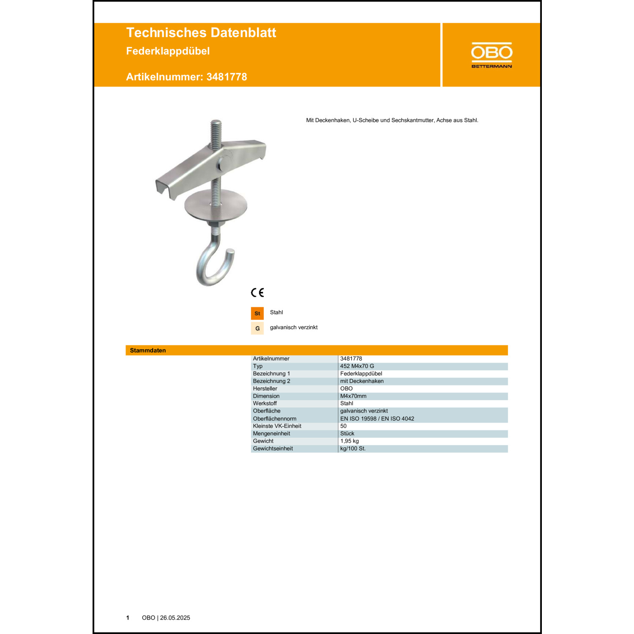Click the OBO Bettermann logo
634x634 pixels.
coord(492,55)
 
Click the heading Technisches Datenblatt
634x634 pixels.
coord(201,33)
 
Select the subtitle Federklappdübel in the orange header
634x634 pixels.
coord(168,51)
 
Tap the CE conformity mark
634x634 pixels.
coord(257,292)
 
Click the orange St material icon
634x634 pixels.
coord(257,313)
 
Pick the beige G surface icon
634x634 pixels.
coord(257,328)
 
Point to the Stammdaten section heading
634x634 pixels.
coord(148,350)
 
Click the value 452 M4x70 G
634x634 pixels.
coord(357,366)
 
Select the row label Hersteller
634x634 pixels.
coord(265,388)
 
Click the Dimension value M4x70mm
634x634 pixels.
coord(353,396)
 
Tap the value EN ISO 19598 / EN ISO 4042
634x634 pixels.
coord(377,418)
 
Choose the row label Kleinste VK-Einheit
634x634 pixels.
coord(277,426)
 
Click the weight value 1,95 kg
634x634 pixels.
coord(349,441)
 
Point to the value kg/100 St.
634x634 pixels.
coord(353,448)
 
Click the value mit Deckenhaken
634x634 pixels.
coord(362,381)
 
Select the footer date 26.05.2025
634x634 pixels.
coord(175,618)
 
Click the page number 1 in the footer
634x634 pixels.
coord(128,618)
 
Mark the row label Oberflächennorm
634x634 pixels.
coord(274,418)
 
